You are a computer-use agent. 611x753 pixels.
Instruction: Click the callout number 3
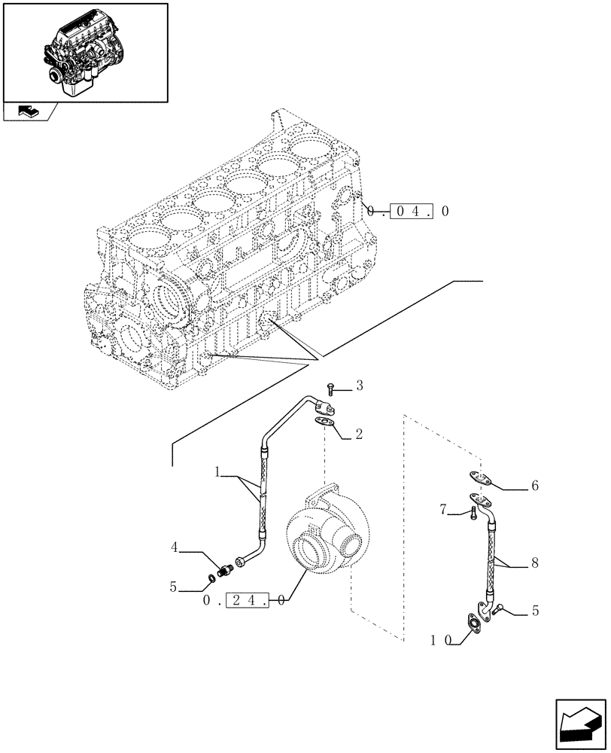tap(360, 386)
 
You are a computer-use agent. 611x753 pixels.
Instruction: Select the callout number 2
tap(359, 434)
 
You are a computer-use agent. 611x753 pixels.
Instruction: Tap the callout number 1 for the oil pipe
tap(217, 473)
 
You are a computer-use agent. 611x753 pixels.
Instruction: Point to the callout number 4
tap(174, 547)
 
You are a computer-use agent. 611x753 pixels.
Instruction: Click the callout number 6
tap(535, 486)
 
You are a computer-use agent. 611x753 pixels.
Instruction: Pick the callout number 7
tap(443, 511)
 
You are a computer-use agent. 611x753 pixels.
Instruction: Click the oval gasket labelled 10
tap(475, 623)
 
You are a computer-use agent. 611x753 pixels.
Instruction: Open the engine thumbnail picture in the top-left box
tap(84, 51)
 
